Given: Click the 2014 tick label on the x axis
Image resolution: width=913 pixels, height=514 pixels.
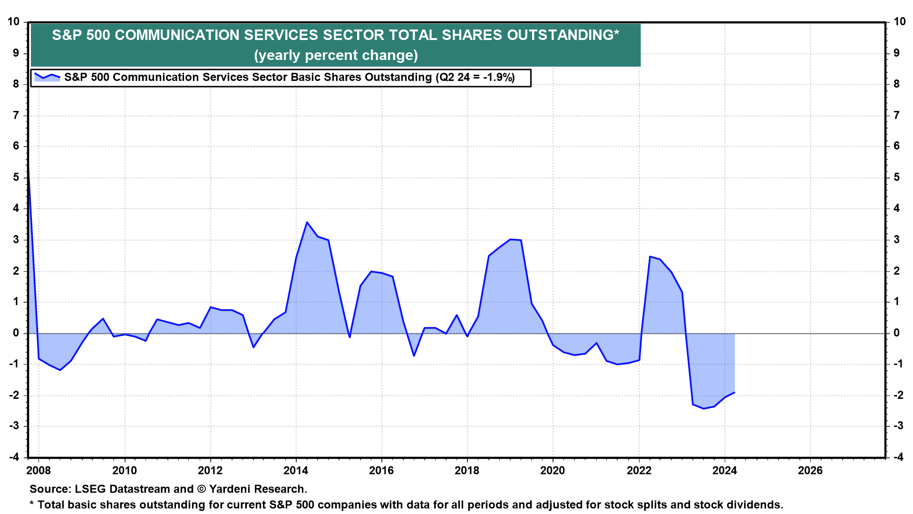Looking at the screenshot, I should (296, 471).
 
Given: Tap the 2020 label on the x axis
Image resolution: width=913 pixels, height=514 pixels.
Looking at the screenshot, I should (553, 471).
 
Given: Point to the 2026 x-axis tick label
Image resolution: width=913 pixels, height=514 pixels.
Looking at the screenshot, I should (810, 471).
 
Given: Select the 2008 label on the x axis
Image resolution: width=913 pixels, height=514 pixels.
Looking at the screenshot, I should (39, 471).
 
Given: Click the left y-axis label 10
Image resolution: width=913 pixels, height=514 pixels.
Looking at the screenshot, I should (13, 21).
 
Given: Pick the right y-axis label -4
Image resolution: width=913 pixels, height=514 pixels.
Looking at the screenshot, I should (898, 457).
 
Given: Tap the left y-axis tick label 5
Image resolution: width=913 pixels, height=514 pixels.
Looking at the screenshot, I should (17, 178).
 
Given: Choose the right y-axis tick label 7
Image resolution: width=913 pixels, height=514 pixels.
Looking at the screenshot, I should (897, 115).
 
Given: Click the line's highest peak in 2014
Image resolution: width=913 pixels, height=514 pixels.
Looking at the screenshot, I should (307, 222).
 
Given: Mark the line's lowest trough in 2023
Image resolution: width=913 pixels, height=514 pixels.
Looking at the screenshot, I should (703, 408).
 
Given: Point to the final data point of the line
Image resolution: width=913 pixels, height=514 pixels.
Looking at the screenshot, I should (735, 393).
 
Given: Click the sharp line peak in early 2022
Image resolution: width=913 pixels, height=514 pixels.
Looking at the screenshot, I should (650, 257).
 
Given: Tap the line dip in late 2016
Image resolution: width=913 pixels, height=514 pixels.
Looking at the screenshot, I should (414, 356).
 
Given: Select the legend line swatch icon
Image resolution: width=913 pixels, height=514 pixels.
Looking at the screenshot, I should (47, 77).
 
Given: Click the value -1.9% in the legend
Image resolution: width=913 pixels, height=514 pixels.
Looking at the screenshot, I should (499, 78).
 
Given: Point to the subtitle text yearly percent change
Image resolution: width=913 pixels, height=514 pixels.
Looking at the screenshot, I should (336, 55).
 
